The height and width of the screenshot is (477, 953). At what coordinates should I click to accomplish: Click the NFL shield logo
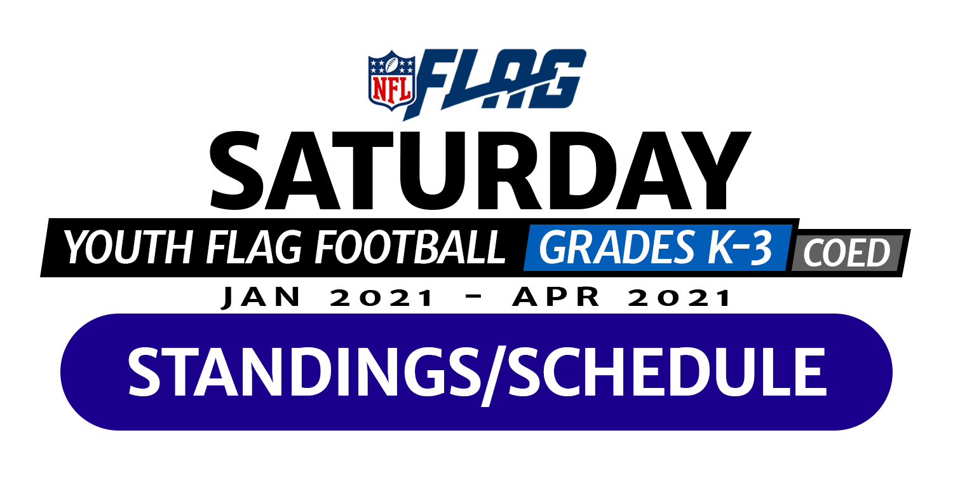click(391, 81)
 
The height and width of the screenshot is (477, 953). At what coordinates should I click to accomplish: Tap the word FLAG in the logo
click(496, 83)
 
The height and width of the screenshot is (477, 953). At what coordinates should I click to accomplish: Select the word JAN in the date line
click(261, 297)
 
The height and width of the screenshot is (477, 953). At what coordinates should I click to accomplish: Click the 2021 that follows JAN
click(382, 297)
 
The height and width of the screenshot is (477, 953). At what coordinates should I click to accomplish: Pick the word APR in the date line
click(556, 297)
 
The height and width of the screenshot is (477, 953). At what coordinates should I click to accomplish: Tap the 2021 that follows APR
click(679, 297)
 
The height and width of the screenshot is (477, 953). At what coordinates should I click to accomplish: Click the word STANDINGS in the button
click(304, 372)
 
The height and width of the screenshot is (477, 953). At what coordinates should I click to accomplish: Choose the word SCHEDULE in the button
click(667, 372)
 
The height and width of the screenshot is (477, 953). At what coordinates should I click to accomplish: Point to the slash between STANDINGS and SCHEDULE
click(494, 375)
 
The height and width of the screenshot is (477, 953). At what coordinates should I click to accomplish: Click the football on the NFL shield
click(392, 65)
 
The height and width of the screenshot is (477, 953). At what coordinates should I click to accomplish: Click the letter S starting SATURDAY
click(235, 170)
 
